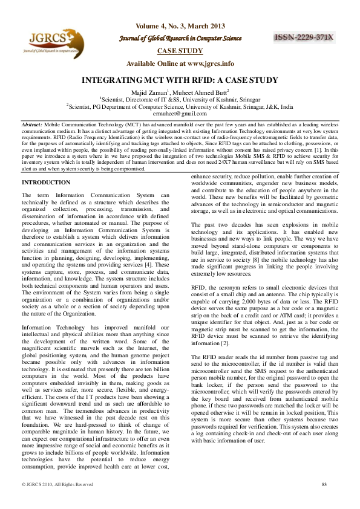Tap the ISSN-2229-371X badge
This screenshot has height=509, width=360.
(x=304, y=37)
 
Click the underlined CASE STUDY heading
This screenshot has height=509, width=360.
(x=180, y=51)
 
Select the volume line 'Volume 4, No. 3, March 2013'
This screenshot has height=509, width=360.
(x=180, y=26)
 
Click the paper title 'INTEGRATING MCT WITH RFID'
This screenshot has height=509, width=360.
(x=180, y=80)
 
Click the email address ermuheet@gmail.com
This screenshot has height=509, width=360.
(x=180, y=112)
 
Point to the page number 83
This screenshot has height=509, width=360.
(x=324, y=484)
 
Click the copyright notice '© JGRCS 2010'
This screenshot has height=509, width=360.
(x=57, y=484)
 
